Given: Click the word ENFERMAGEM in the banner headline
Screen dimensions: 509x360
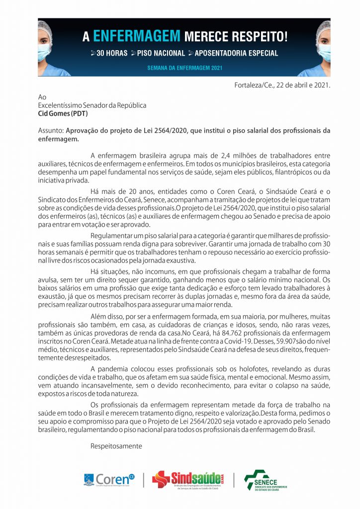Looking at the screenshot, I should pos(136,36).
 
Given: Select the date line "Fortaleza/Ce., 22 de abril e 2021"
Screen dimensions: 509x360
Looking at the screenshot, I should pos(282,85).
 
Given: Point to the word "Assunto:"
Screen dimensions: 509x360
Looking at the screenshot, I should pos(49,131).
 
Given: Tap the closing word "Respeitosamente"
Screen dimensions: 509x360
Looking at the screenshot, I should pos(116,446).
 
